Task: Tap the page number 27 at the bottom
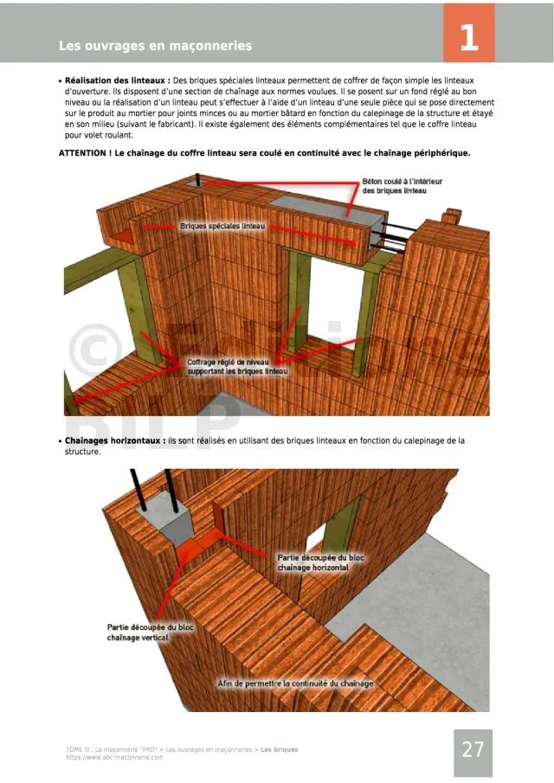[473, 749]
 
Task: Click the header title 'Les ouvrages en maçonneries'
[156, 45]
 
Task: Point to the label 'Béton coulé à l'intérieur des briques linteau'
[394, 186]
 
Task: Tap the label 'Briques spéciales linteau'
[222, 226]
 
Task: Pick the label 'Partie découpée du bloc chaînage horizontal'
[320, 562]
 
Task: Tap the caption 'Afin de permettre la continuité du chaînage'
[294, 684]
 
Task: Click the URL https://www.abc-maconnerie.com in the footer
[114, 757]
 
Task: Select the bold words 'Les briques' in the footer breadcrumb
[280, 749]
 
